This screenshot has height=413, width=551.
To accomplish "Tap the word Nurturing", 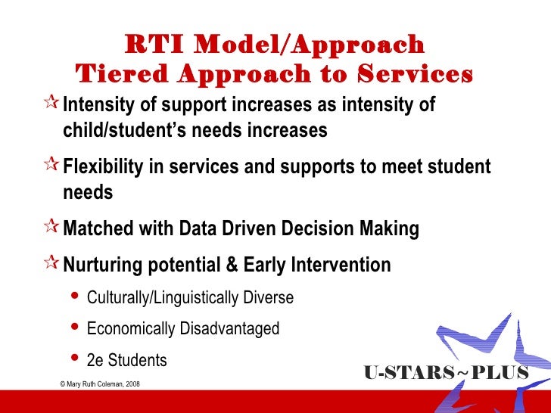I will coord(105,265).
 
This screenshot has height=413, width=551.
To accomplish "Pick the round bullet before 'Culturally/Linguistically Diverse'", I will coord(75,297).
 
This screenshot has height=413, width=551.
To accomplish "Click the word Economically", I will coord(129,329).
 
